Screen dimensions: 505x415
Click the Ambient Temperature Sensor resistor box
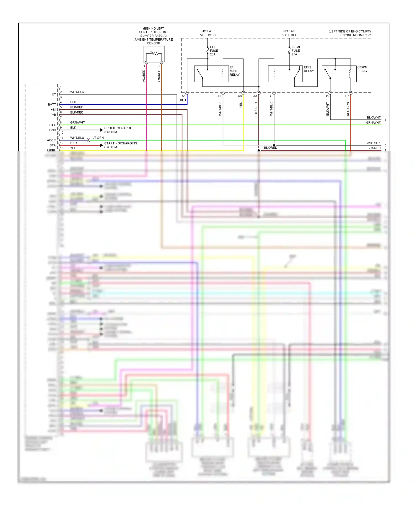point(154,54)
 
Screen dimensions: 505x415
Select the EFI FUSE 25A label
point(214,51)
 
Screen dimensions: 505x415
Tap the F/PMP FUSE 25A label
point(296,51)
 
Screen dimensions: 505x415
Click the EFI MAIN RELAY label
point(235,71)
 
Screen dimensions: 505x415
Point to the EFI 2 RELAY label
point(309,69)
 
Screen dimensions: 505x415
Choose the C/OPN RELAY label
point(362,69)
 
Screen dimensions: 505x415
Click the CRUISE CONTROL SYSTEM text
point(118,130)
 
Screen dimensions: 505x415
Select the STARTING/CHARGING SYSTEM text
point(120,145)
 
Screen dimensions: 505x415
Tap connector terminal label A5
point(183,96)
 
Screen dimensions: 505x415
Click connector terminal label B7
point(347,96)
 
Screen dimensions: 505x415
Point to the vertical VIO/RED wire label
point(144,76)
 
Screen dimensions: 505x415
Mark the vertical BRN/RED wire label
point(159,76)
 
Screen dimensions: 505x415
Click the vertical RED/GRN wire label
point(348,109)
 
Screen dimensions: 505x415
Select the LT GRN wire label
point(98,138)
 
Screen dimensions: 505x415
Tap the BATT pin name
point(52,104)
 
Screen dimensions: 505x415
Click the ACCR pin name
point(51,140)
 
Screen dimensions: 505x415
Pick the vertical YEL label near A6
point(241,105)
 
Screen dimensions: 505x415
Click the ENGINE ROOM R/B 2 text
point(356,35)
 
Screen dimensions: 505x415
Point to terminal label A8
point(255,96)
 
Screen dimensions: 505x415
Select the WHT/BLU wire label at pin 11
point(77,138)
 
